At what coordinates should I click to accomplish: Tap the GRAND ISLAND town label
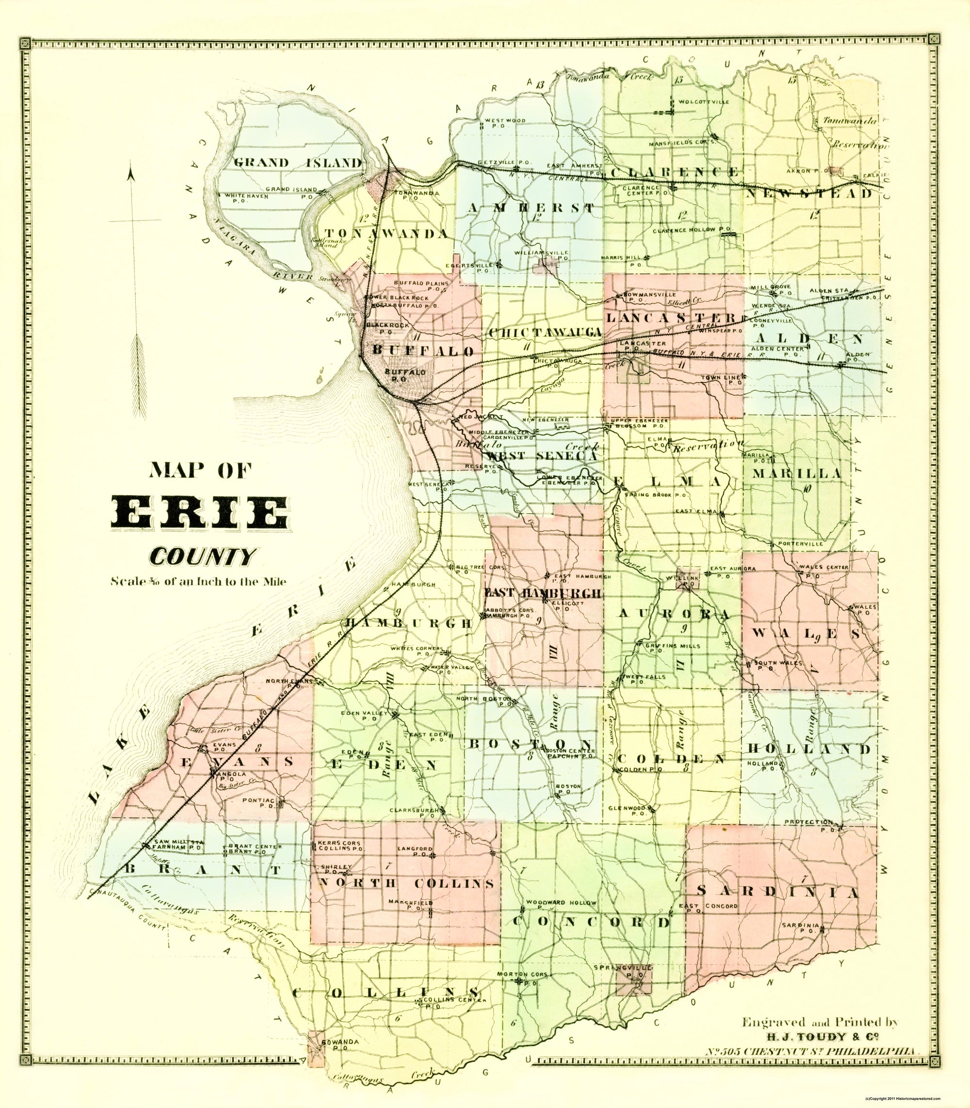[298, 163]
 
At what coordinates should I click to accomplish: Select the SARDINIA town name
[777, 892]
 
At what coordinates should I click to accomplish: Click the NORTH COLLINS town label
[406, 883]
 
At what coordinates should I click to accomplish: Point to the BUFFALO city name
[423, 350]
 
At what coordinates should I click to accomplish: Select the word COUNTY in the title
[202, 555]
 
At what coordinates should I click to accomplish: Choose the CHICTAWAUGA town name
[546, 332]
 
